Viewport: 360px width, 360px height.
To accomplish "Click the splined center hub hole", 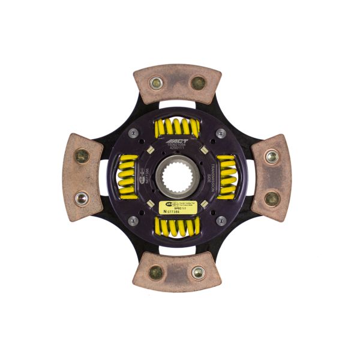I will click(178, 178).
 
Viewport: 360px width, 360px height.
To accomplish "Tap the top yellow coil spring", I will click(176, 127).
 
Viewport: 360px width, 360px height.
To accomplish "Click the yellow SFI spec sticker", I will click(180, 206).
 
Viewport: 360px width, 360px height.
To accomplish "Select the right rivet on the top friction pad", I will click(199, 83).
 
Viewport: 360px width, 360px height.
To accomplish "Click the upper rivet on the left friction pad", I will click(82, 157).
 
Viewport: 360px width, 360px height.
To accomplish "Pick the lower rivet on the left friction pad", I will click(82, 198).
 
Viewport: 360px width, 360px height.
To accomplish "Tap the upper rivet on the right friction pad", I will click(272, 157).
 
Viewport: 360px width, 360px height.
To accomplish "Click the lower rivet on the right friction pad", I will click(272, 199).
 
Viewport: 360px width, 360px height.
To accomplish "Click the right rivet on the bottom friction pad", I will click(198, 272).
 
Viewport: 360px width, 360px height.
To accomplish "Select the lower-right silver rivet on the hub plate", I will click(221, 220).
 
